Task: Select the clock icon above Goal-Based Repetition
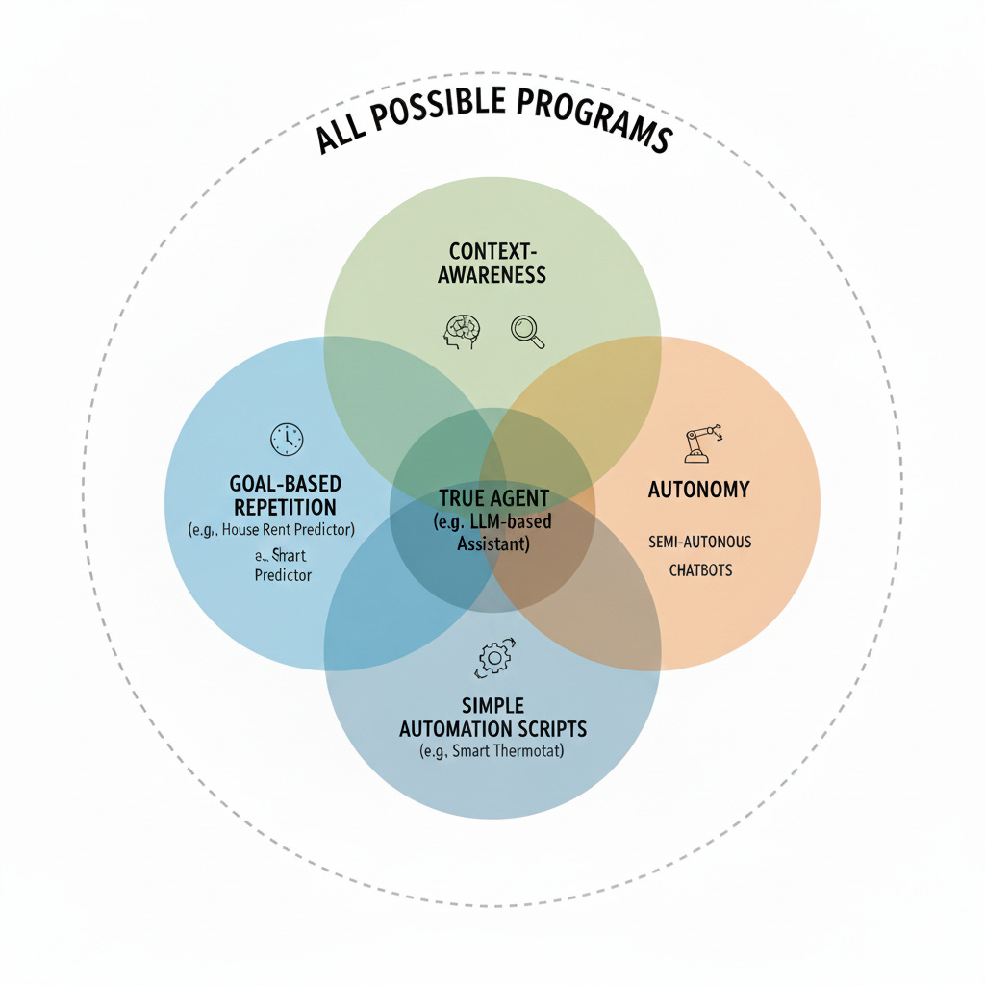(286, 439)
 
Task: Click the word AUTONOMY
(698, 490)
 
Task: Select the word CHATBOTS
(700, 569)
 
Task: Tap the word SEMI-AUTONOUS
(700, 542)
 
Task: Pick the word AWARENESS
(492, 275)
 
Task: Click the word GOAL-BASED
(285, 483)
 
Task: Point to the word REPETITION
(285, 507)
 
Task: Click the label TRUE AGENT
(493, 498)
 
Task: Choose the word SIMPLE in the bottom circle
(492, 706)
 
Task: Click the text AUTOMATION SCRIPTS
(492, 728)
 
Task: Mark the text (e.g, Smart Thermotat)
(492, 751)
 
